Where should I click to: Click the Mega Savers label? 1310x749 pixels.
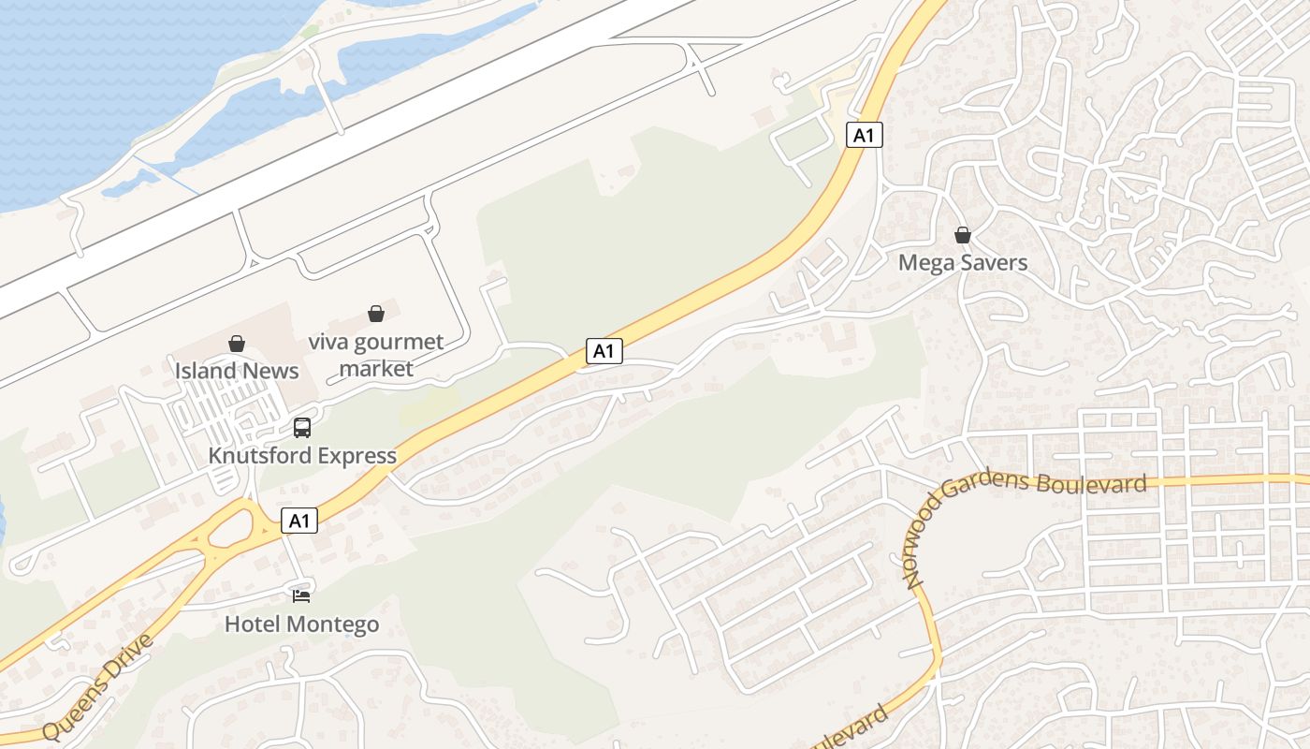(962, 263)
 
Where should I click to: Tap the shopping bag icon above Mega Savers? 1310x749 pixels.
(962, 235)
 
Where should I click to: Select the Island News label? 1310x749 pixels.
(237, 371)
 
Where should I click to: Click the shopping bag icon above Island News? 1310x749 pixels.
(237, 344)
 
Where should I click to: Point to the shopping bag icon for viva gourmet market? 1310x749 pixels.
(376, 314)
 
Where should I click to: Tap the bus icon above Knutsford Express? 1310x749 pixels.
(302, 428)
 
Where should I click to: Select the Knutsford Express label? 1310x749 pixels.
(302, 456)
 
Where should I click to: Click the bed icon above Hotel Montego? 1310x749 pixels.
(301, 595)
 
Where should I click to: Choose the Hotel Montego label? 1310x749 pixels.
(301, 624)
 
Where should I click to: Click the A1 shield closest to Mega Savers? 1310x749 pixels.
(864, 136)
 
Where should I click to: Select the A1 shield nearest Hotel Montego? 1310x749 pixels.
(299, 521)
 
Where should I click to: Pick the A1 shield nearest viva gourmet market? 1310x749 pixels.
(604, 351)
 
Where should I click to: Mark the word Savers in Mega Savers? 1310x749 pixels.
(993, 263)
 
